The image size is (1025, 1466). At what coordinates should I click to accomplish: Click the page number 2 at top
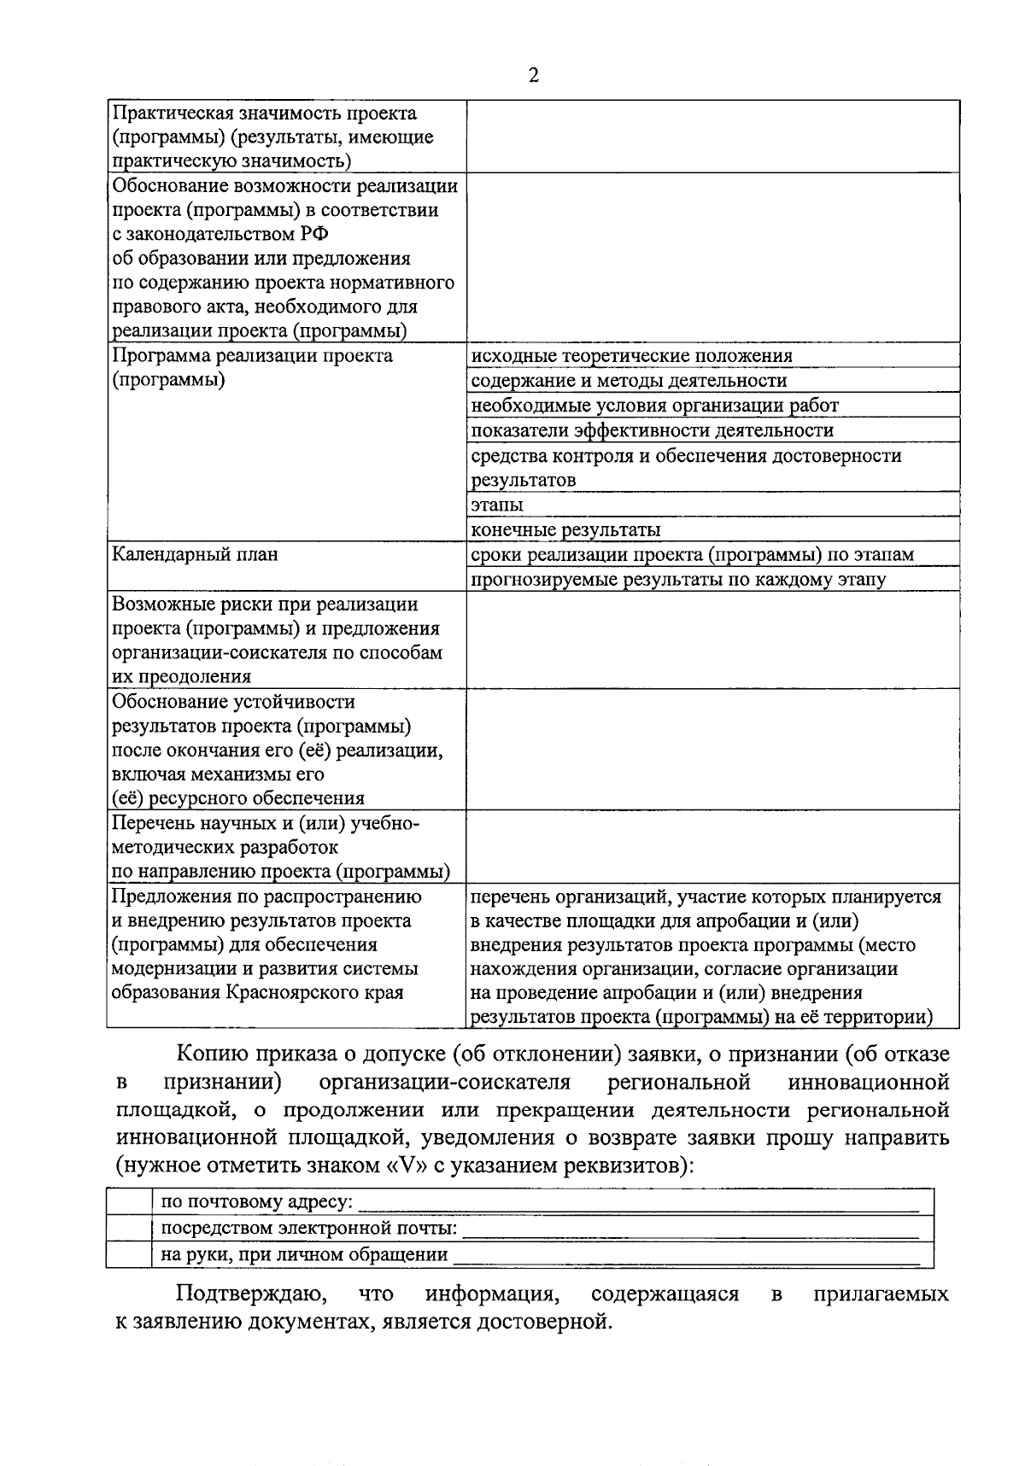[534, 75]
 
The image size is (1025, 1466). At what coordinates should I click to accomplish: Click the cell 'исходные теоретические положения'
[631, 355]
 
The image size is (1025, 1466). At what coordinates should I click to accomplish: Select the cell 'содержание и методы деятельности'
[629, 380]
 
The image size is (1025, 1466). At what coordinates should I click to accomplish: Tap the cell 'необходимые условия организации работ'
[654, 405]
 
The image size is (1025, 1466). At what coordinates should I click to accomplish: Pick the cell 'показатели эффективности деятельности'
[652, 429]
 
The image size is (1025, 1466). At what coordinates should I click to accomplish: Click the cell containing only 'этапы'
[497, 505]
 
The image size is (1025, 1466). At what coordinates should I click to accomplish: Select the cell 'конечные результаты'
[565, 529]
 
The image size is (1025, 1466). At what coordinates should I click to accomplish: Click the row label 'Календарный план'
[195, 554]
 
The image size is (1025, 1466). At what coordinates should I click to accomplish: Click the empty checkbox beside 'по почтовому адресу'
[129, 1202]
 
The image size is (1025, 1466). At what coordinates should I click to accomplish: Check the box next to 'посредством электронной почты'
[129, 1228]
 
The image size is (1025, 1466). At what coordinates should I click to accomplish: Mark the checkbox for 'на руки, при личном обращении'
[129, 1254]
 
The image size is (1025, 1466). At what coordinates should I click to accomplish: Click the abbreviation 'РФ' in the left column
[313, 234]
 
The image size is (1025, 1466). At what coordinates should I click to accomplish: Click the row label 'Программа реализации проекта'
[253, 355]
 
